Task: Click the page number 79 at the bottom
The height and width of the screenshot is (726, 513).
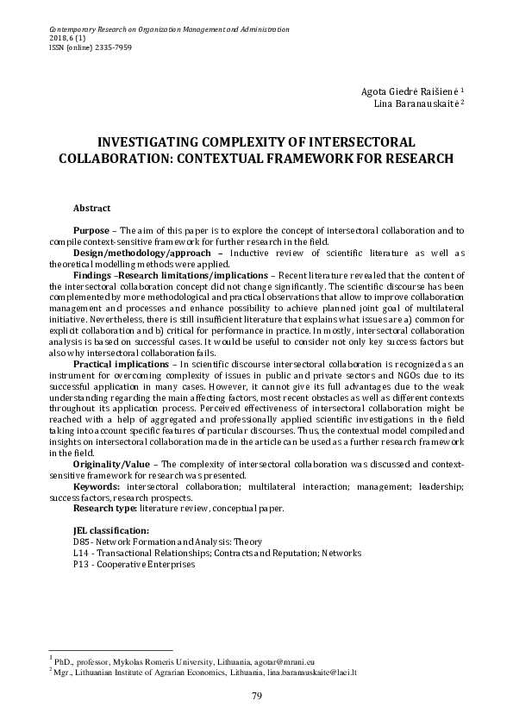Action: click(256, 696)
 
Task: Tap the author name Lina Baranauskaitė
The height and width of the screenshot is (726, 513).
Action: click(418, 103)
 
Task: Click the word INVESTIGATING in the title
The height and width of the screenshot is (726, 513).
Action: click(153, 141)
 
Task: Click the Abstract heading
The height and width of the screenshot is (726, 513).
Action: click(91, 209)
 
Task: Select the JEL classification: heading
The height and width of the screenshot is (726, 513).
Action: click(111, 530)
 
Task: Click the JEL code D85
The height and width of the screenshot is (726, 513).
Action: click(82, 541)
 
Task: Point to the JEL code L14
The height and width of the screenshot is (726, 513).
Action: click(82, 553)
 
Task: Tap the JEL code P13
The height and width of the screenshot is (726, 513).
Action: click(82, 564)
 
